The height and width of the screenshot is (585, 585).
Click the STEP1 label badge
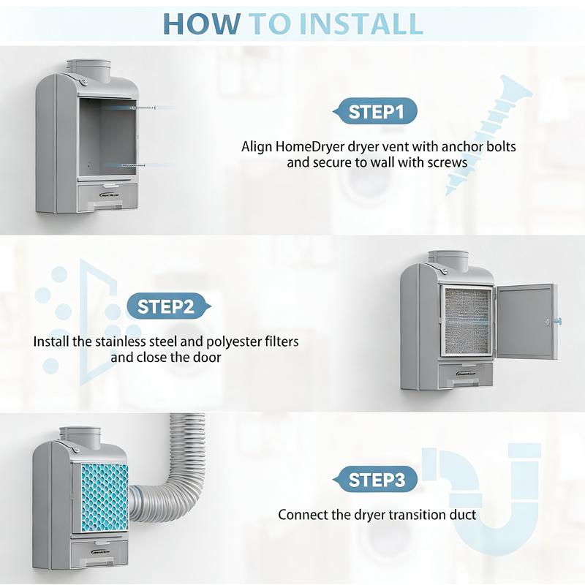click(x=375, y=112)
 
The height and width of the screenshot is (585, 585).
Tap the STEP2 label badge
click(x=165, y=306)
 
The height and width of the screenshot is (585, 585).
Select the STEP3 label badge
click(x=376, y=480)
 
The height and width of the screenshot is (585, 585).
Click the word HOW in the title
click(x=201, y=23)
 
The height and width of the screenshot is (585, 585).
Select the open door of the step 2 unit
click(x=524, y=321)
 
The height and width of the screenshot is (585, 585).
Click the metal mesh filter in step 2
click(x=466, y=320)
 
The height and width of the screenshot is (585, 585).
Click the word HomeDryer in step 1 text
click(x=306, y=146)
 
